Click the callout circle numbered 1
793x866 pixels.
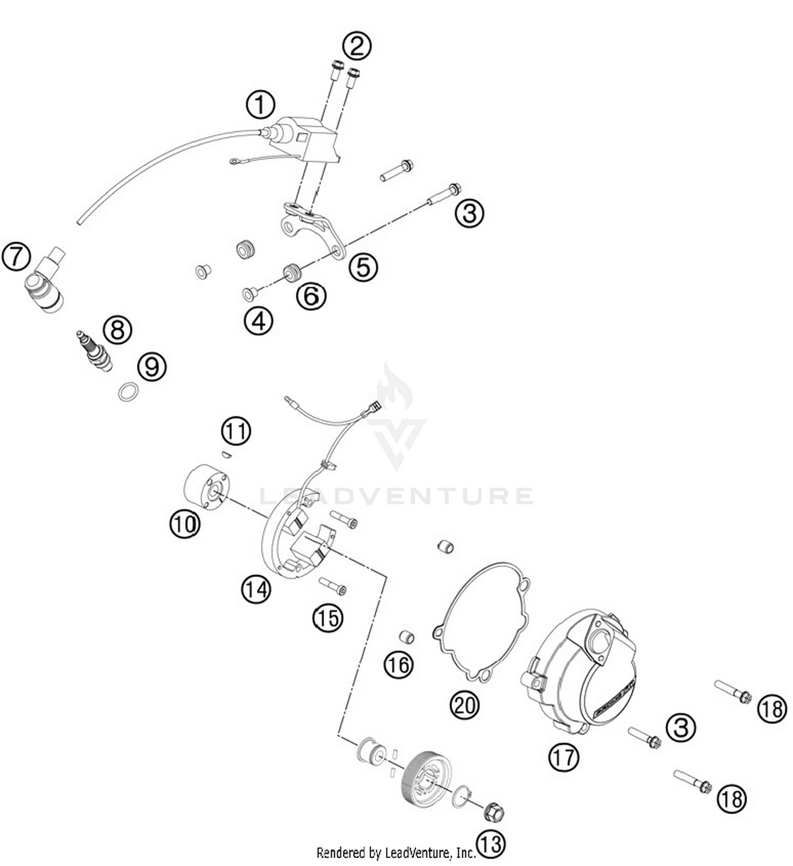pos(260,104)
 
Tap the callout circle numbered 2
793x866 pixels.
pos(357,46)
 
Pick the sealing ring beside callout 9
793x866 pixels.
pos(128,392)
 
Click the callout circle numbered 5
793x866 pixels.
pos(363,266)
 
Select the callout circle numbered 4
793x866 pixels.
pos(259,320)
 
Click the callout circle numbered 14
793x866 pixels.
pos(256,588)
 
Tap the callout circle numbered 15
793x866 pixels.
pos(328,617)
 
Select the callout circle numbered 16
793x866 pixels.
pos(399,664)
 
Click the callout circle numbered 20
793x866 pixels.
pos(464,705)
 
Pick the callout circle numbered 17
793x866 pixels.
pos(564,757)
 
